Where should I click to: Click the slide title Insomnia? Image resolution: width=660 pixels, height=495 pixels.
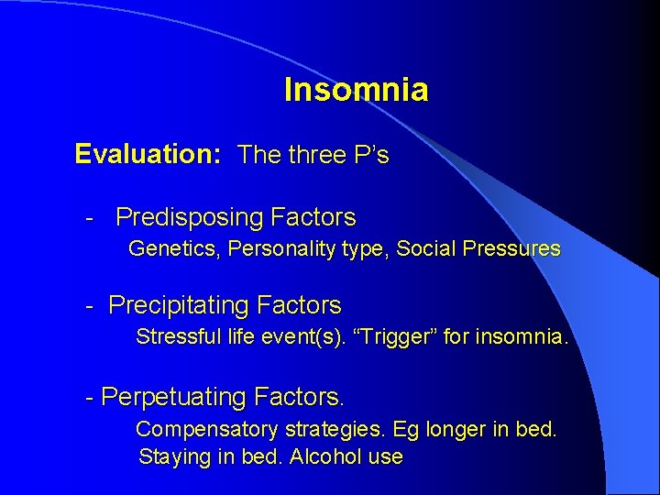click(356, 90)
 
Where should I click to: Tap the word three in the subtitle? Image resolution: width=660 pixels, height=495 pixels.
click(316, 155)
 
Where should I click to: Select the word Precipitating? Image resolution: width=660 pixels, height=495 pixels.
click(179, 305)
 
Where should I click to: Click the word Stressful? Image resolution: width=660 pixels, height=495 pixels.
click(175, 336)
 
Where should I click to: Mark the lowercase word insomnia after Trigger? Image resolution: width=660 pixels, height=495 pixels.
click(522, 336)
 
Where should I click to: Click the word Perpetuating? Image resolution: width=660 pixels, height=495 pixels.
click(174, 397)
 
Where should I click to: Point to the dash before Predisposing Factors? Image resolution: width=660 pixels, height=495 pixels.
click(90, 218)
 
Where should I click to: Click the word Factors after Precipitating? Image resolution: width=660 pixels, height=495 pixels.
click(299, 305)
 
